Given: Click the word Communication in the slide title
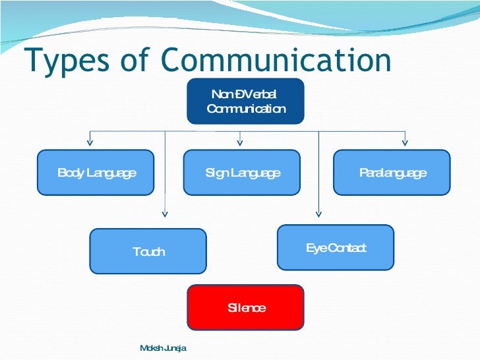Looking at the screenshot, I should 276,60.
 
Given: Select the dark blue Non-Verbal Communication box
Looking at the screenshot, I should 245,101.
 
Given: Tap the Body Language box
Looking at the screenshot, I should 96,173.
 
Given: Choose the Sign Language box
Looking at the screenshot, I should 241,173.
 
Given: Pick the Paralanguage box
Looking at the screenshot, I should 392,173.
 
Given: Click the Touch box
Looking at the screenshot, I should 148,251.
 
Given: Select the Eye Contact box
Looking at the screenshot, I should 335,247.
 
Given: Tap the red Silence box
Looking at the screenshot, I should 245,307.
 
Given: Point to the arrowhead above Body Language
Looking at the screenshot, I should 90,140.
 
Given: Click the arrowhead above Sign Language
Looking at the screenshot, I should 240,140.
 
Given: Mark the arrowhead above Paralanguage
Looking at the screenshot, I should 405,140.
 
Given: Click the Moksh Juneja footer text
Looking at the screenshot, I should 164,347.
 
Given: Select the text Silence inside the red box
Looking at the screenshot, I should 247,308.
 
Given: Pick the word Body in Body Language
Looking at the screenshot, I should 69,173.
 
